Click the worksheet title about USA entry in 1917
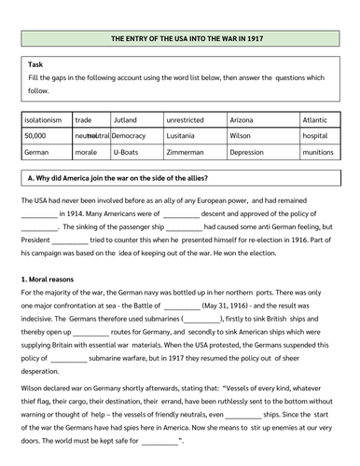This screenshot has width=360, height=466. (180, 39)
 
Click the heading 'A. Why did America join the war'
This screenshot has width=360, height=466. (116, 178)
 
